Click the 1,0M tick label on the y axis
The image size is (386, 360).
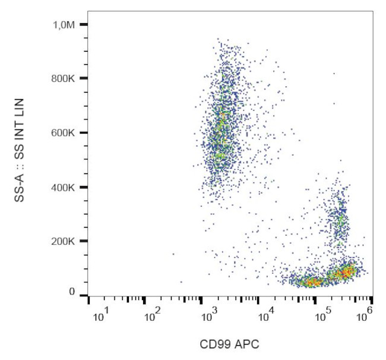pos(64,24)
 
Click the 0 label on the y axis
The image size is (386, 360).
pos(72,292)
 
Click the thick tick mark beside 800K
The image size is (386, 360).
pos(84,78)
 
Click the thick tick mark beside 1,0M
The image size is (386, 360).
pos(84,24)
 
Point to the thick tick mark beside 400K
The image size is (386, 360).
pos(84,188)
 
